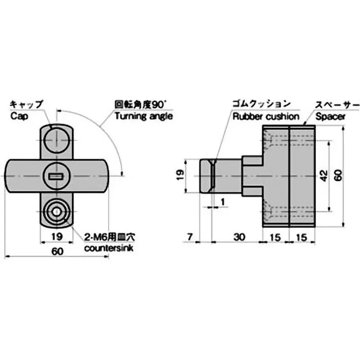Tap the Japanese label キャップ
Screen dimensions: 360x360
(27, 104)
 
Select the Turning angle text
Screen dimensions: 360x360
(144, 116)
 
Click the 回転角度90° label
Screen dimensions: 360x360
(140, 104)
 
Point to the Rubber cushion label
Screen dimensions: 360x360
(265, 116)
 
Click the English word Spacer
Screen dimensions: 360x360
(330, 116)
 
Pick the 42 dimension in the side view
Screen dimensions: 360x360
(323, 176)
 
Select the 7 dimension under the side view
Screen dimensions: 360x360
(190, 236)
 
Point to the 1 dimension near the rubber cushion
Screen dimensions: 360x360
(222, 202)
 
